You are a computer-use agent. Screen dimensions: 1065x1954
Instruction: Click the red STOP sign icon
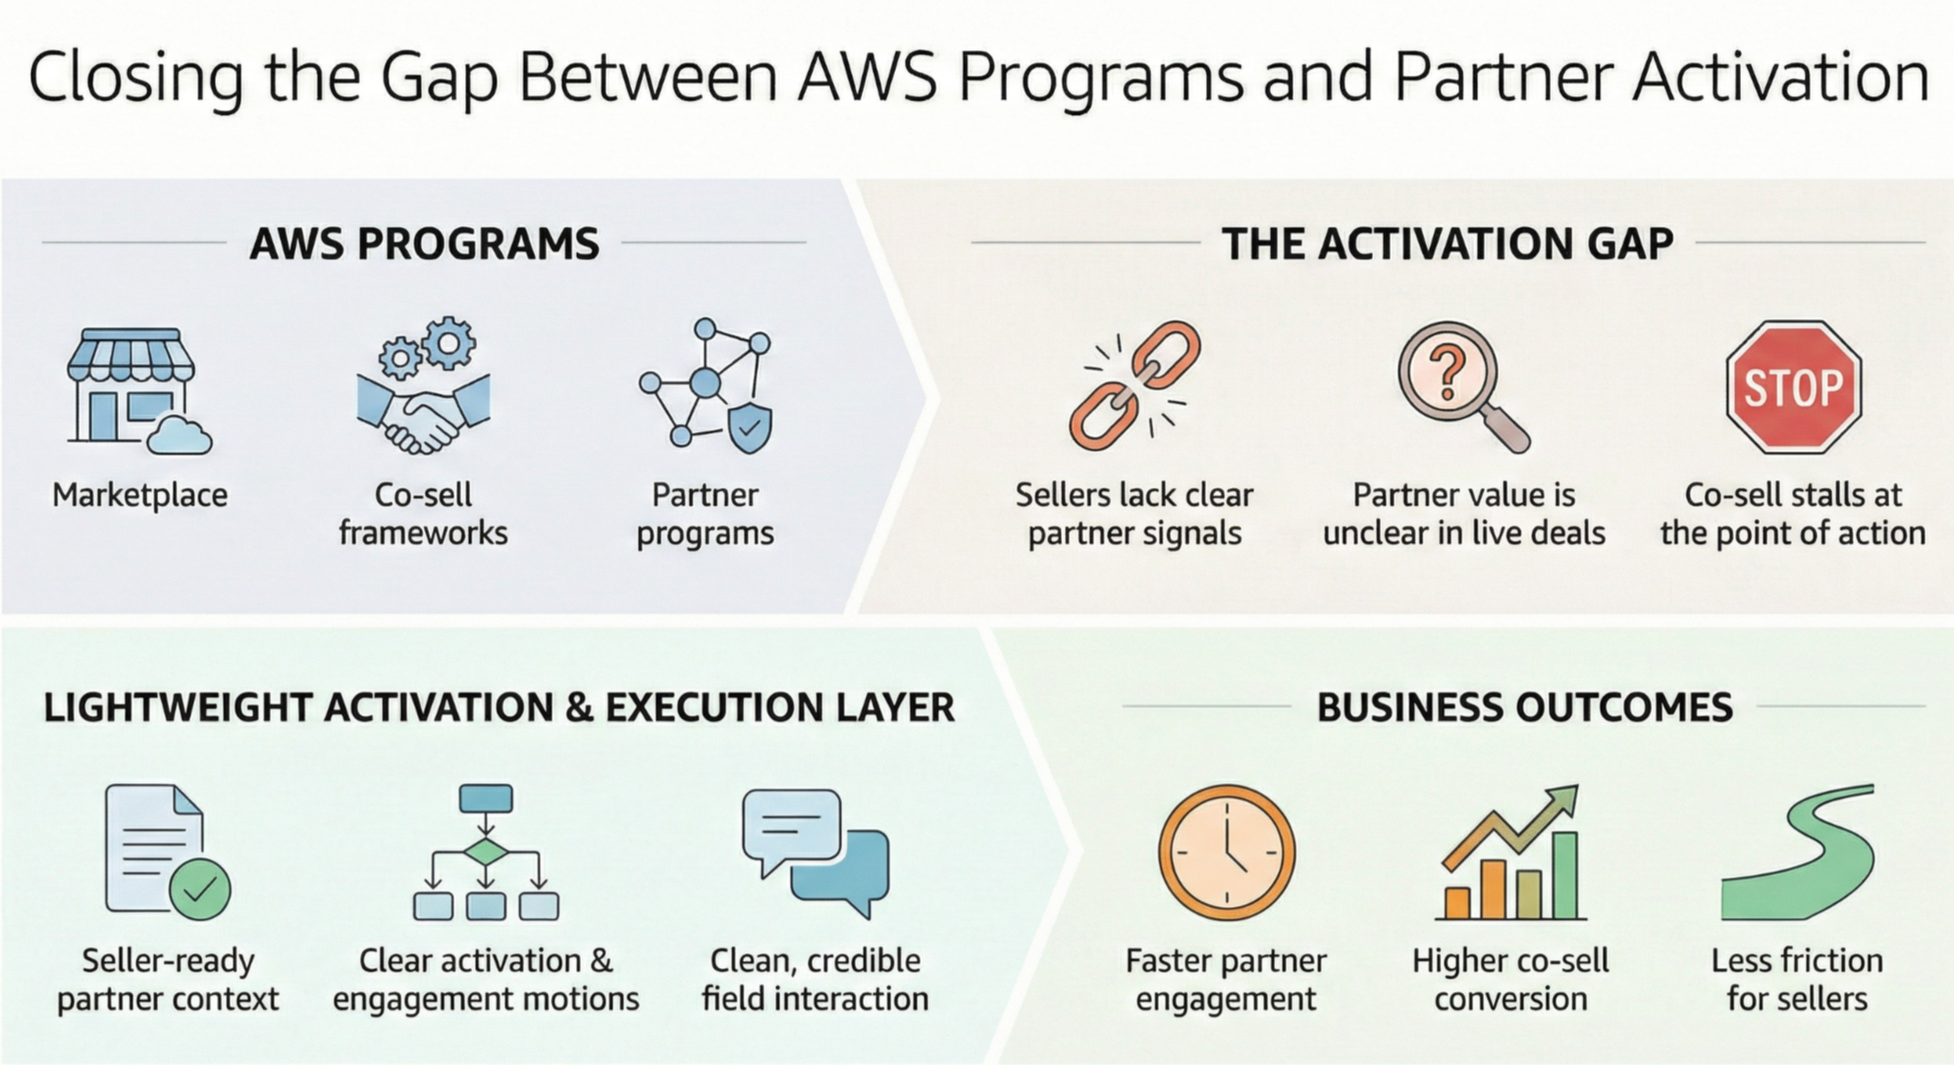point(1793,387)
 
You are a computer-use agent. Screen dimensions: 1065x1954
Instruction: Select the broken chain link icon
point(1135,386)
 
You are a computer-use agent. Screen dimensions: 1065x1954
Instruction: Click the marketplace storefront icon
point(132,386)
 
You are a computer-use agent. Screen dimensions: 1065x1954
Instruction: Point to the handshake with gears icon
point(423,386)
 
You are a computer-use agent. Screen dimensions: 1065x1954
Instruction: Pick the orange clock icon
point(1227,852)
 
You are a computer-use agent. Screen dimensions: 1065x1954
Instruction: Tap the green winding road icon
point(1797,852)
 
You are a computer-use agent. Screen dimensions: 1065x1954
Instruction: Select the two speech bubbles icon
point(816,850)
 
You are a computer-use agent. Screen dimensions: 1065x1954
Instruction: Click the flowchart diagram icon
point(486,852)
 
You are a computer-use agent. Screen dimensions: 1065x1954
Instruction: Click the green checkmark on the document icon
point(200,889)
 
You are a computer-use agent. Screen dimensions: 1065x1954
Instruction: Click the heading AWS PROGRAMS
point(424,243)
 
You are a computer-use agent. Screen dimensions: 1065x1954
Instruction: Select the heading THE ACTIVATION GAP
point(1447,243)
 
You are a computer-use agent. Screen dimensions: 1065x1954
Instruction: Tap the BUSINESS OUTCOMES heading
point(1524,708)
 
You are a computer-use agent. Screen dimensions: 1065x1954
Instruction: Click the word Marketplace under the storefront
point(139,495)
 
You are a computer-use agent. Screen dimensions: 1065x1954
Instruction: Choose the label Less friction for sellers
point(1797,979)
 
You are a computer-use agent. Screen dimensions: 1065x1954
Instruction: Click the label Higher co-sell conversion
point(1510,979)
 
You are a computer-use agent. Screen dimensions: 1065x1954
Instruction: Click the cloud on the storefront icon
point(179,434)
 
